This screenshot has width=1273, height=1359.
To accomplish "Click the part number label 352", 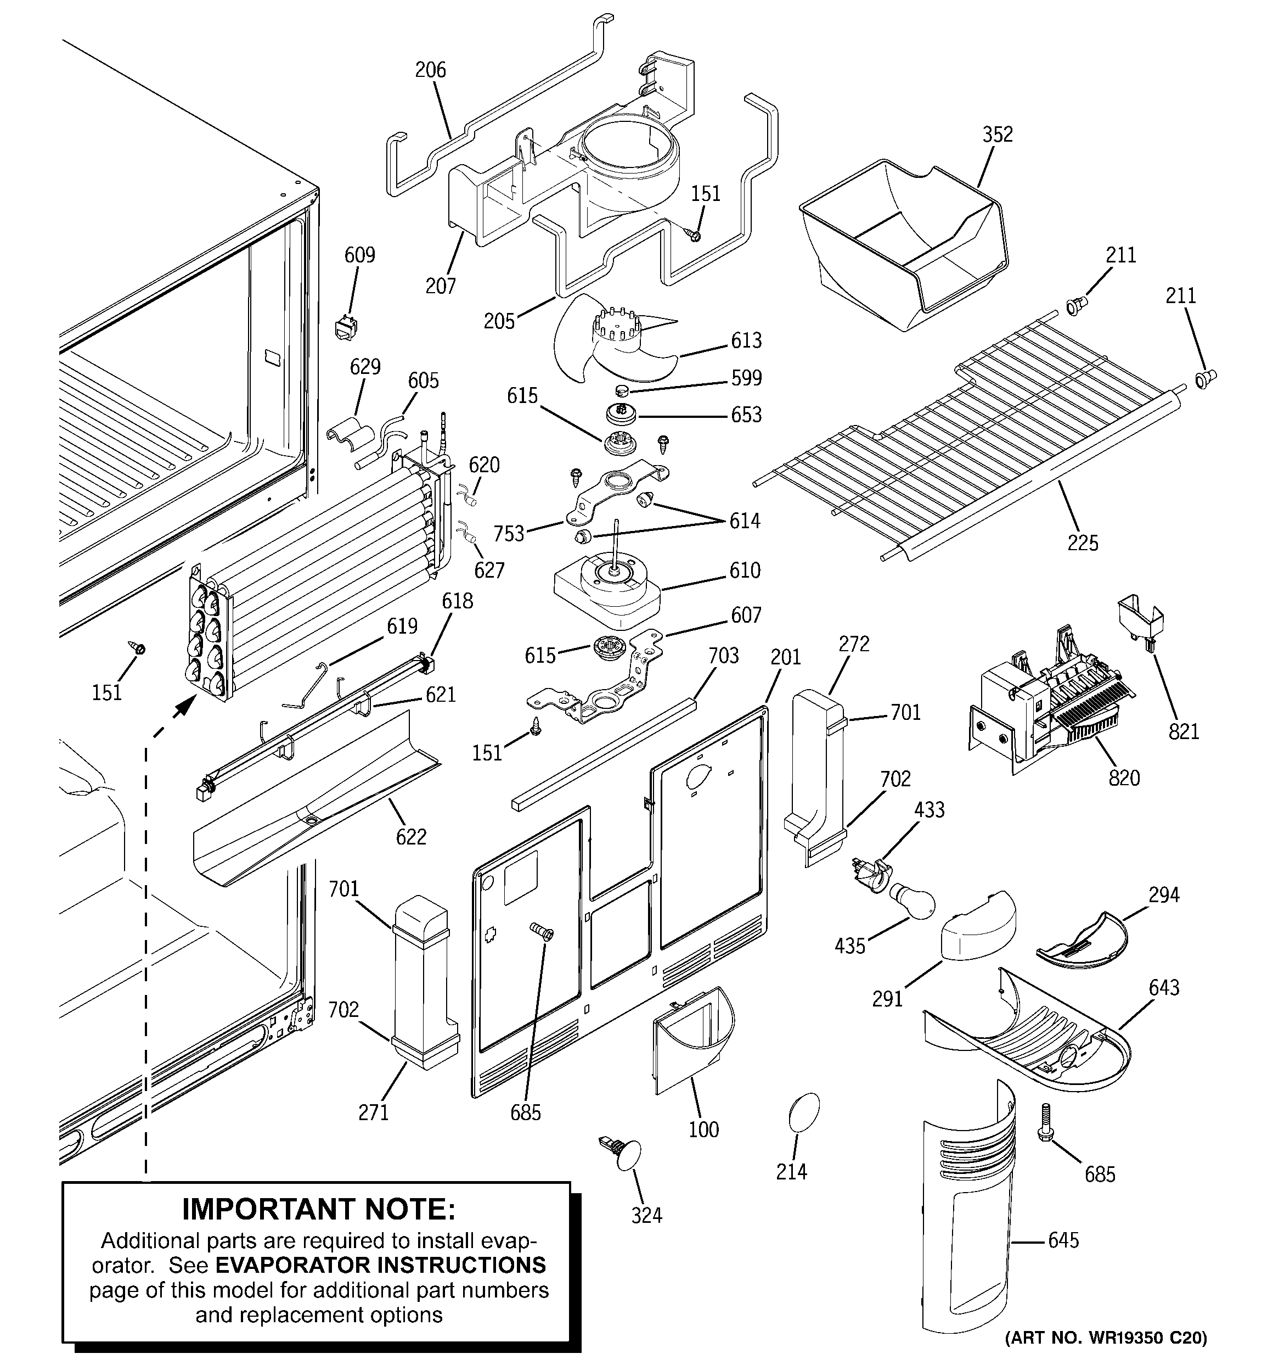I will (997, 135).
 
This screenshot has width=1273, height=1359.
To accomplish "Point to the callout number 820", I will (1124, 778).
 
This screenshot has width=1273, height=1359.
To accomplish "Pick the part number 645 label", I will (1063, 1239).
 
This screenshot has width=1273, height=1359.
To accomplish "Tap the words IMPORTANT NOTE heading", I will (318, 1209).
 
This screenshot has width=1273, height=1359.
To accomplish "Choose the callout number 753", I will (509, 533).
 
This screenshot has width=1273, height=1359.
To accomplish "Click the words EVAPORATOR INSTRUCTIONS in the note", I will (381, 1265).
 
